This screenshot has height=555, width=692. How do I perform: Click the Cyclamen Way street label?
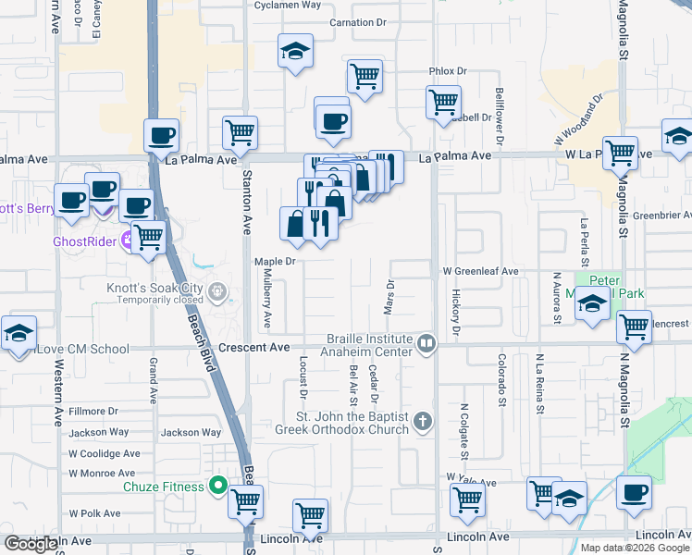pos(288,5)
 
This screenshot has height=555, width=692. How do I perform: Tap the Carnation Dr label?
pos(356,22)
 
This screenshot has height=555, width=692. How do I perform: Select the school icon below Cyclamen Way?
pos(295,53)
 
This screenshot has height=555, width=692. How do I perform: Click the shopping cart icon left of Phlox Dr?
pos(365,78)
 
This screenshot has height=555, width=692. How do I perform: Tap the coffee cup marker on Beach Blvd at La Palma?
pos(161,136)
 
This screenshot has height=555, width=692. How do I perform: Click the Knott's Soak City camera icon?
pos(217,292)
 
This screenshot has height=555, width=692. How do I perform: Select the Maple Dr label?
pos(275,262)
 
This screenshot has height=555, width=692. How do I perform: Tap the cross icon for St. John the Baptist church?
pos(422,422)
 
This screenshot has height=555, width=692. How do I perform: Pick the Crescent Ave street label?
pos(254,348)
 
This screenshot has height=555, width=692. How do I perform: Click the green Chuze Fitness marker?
pos(219,485)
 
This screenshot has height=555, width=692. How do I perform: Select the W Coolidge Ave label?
pos(104,453)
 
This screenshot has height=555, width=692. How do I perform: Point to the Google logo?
pos(31,544)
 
